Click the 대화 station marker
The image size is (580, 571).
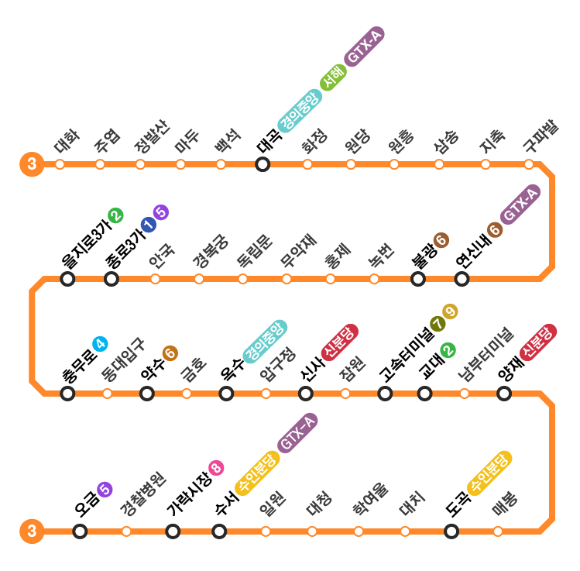(x=60, y=164)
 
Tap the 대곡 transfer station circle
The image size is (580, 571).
(x=263, y=164)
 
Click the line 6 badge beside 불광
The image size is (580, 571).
(x=441, y=240)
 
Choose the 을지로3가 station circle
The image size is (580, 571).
(x=67, y=279)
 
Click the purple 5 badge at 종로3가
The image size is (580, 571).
(x=161, y=212)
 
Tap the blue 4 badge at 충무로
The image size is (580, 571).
(x=100, y=344)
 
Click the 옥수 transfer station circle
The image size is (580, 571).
(x=226, y=394)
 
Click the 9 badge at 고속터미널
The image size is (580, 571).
(x=451, y=311)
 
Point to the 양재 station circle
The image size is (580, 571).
(x=504, y=394)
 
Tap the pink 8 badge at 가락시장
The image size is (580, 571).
(x=216, y=468)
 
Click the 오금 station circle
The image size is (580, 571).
(x=80, y=531)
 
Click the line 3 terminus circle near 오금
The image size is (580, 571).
(x=31, y=531)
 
